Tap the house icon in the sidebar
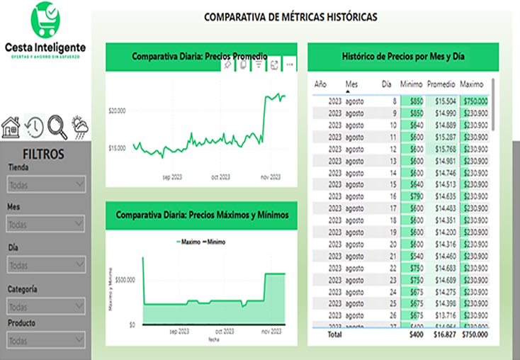(11, 128)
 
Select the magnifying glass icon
(57, 126)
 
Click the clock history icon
(33, 127)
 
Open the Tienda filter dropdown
(46, 184)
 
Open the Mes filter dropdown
(46, 224)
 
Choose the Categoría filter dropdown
(46, 307)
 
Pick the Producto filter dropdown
(46, 339)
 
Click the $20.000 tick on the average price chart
(117, 111)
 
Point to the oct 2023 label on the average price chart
(220, 177)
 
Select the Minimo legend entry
(215, 242)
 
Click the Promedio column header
(441, 84)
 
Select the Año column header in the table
(320, 84)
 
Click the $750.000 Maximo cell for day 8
(473, 101)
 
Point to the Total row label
(334, 334)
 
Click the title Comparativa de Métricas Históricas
(290, 16)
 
